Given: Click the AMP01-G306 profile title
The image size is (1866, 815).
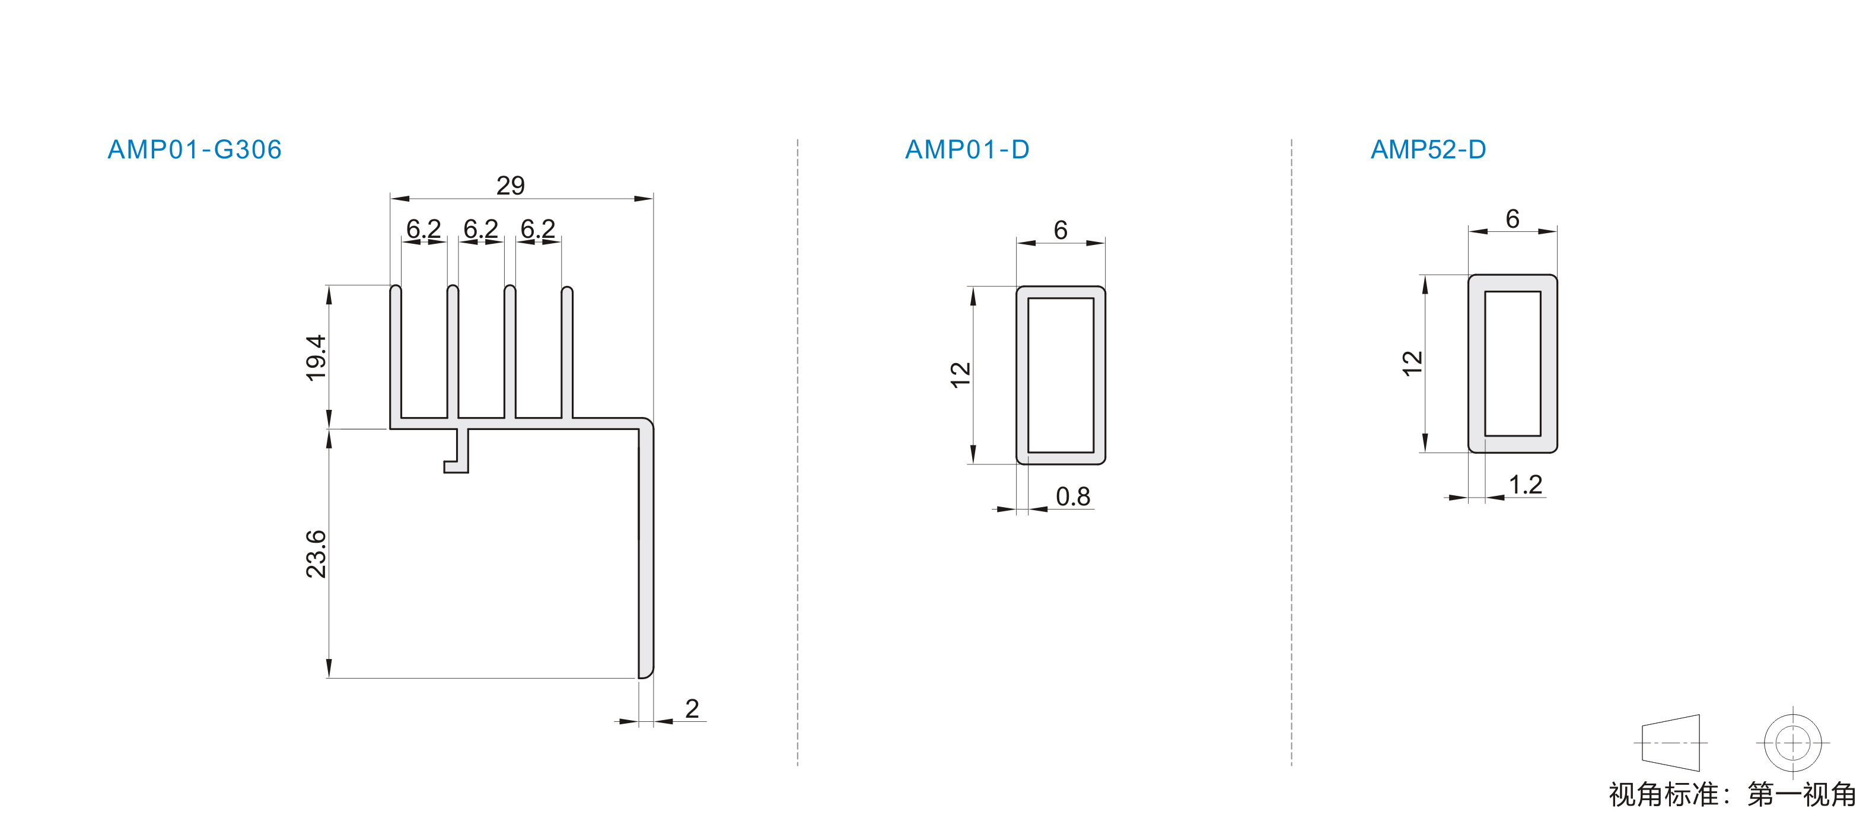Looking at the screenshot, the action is pos(194,149).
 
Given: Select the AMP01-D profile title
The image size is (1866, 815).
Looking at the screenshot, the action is pos(967,149).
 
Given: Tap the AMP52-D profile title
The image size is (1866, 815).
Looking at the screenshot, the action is pos(1428,149).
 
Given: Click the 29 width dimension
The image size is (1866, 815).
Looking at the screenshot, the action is pos(511,186).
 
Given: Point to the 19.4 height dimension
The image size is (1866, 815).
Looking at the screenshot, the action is pos(316,357).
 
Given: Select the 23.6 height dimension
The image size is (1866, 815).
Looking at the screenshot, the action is pos(316,553).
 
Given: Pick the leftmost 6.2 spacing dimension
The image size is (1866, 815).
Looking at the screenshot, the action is pos(423,229).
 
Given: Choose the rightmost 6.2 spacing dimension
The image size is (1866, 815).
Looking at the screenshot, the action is pos(538,229).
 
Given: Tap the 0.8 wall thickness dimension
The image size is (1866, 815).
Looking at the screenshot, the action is pos(1073,496).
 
